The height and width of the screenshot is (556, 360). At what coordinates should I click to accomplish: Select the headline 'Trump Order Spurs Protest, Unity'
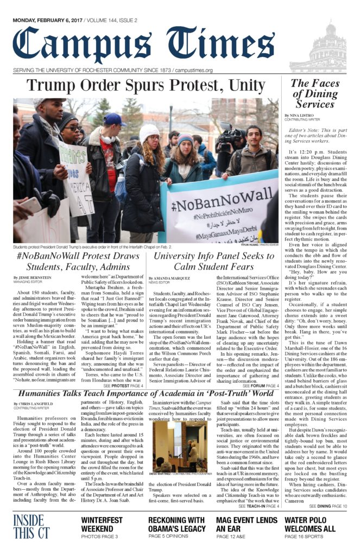pyautogui.click(x=146, y=86)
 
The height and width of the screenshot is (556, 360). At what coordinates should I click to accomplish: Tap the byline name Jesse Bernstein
pyautogui.click(x=36, y=277)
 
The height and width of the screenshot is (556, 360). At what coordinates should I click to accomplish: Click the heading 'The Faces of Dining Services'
pyautogui.click(x=315, y=93)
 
